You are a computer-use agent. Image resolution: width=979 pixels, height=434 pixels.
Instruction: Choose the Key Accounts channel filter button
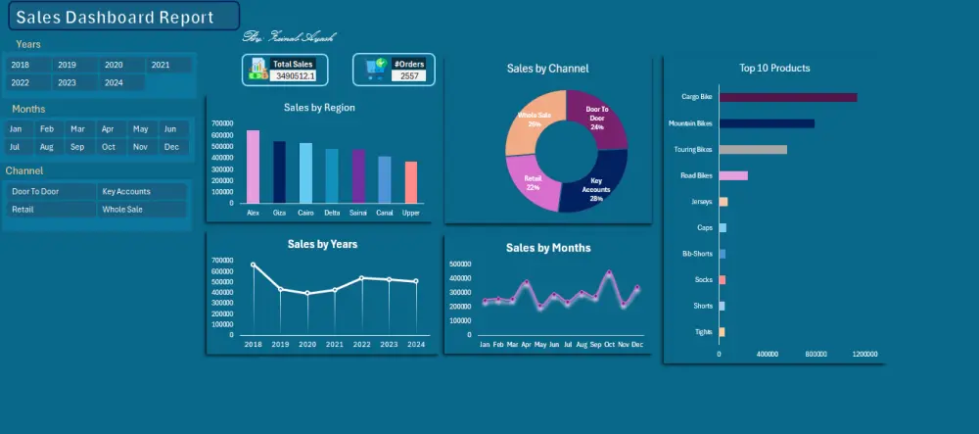click(142, 192)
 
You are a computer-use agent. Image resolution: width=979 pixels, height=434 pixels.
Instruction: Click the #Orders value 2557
click(410, 75)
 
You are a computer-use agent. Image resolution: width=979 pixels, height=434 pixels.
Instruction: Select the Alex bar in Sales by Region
click(253, 167)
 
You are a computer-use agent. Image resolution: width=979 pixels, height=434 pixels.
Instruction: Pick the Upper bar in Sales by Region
click(411, 182)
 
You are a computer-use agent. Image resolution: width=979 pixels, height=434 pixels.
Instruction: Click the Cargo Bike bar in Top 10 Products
click(788, 97)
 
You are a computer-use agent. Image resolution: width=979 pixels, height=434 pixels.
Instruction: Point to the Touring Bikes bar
click(753, 150)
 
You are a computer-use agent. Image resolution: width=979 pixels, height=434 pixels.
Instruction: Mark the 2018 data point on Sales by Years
click(253, 265)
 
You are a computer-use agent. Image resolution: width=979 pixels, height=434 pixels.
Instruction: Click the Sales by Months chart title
click(548, 248)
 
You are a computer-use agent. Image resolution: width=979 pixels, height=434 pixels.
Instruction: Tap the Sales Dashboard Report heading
click(116, 18)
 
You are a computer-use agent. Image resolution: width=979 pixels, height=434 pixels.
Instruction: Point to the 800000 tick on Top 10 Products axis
click(816, 355)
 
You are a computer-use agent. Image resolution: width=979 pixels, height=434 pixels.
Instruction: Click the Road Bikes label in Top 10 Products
click(696, 176)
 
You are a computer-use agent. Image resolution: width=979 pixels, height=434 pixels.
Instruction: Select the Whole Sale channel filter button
click(142, 210)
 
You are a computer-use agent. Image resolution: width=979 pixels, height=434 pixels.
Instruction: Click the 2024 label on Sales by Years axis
click(416, 345)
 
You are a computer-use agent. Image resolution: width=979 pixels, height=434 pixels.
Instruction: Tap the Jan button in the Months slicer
click(16, 129)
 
